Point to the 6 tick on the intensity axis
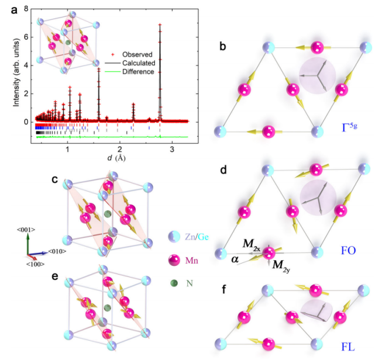click(26, 37)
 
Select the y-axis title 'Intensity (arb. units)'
click(10, 64)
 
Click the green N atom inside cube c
click(107, 215)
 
